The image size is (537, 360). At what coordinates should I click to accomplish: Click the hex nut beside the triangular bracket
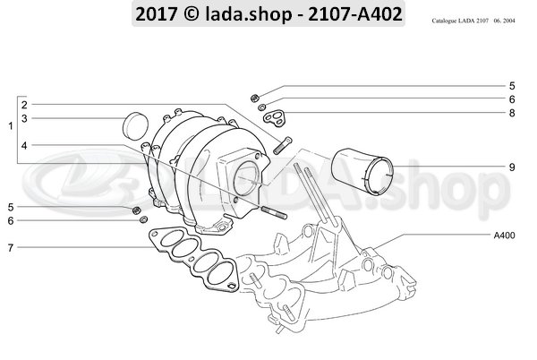[x=254, y=97]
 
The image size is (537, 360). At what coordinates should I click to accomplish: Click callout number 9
[x=511, y=167]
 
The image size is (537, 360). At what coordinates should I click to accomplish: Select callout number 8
[x=511, y=113]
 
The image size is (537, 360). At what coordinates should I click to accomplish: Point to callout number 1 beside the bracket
[x=10, y=126]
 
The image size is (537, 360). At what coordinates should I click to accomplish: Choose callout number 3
[x=25, y=118]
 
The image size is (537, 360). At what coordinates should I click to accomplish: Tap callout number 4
[x=25, y=145]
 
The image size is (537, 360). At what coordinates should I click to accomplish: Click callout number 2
[x=25, y=104]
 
